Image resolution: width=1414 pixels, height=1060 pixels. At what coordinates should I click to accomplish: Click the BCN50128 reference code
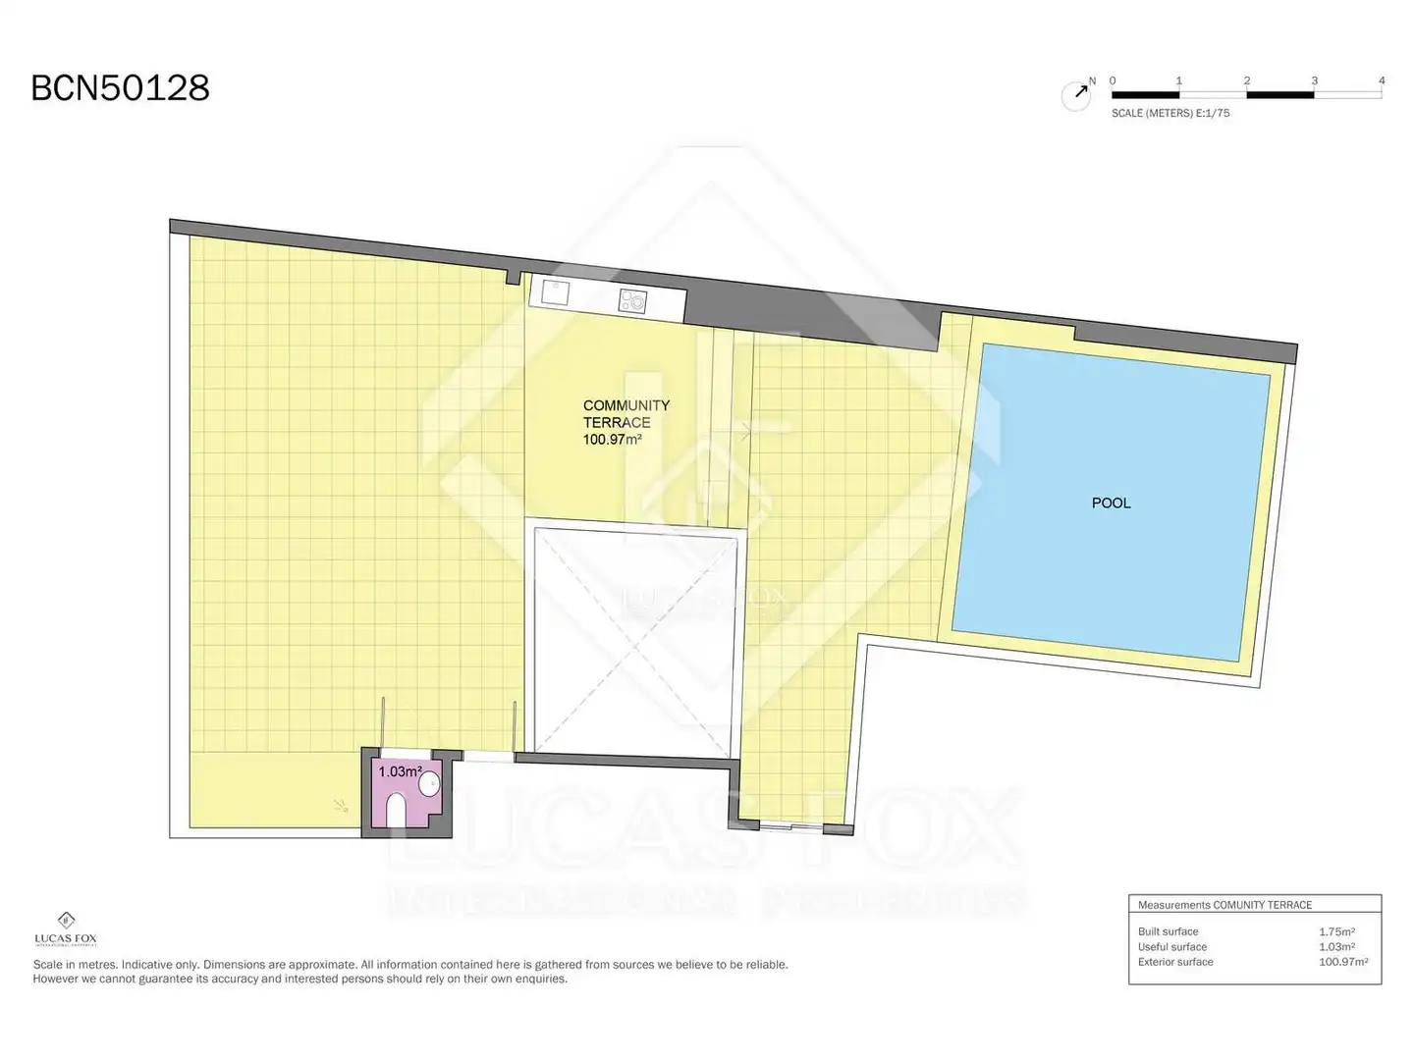click(x=121, y=87)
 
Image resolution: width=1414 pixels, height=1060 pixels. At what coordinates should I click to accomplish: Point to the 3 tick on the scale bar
click(x=1314, y=80)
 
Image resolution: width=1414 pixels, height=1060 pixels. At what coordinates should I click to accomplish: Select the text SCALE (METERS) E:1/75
click(x=1169, y=113)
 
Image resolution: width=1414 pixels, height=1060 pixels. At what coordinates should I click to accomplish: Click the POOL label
click(x=1111, y=503)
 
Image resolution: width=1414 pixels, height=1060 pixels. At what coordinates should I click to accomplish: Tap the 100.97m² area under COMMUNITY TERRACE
click(x=612, y=440)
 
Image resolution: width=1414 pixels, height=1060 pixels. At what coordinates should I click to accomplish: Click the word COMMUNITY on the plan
click(x=625, y=404)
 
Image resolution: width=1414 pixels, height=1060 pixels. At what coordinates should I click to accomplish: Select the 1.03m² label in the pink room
click(x=400, y=771)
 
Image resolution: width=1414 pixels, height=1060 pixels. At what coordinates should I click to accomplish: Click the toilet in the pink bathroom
click(x=396, y=811)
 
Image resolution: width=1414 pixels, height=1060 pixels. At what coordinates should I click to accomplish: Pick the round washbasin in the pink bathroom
click(x=429, y=783)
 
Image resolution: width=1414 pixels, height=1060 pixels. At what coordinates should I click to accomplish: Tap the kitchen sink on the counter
click(x=555, y=292)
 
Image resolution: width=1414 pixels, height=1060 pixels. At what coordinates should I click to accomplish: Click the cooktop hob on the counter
click(x=632, y=300)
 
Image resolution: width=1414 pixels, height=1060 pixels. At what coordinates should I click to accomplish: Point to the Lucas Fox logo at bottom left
click(x=66, y=928)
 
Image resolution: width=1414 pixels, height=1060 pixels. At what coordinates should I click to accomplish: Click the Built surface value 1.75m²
click(x=1336, y=930)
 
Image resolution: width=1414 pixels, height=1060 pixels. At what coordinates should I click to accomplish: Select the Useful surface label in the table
click(x=1171, y=946)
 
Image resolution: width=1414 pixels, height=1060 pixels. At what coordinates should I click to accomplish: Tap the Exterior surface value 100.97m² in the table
click(x=1342, y=962)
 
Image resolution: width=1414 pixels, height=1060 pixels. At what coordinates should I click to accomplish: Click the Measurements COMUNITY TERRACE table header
click(x=1224, y=904)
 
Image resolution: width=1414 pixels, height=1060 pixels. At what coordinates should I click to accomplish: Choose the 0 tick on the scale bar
click(x=1113, y=80)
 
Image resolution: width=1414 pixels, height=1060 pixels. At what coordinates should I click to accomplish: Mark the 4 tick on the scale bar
click(x=1382, y=80)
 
